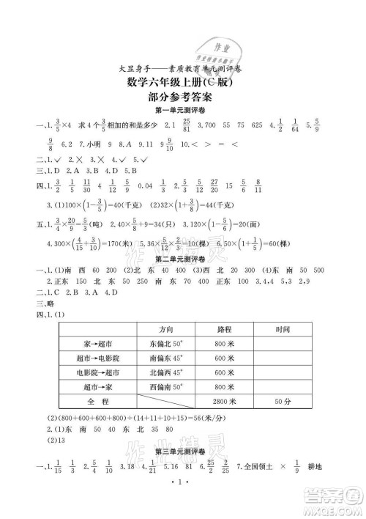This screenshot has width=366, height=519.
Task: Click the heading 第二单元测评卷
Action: pyautogui.click(x=182, y=260)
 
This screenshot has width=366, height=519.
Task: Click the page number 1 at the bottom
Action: pyautogui.click(x=182, y=506)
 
